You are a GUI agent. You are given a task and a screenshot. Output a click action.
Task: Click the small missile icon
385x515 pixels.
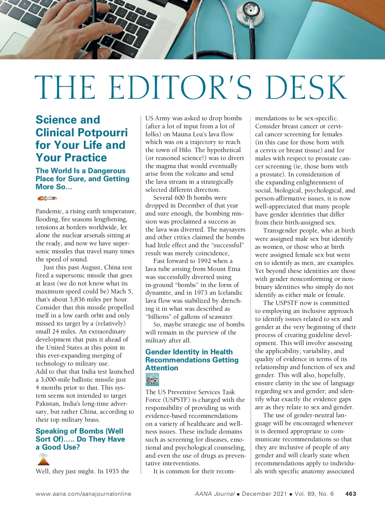click(47, 198)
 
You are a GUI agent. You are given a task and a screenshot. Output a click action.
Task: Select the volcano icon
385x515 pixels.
click(44, 460)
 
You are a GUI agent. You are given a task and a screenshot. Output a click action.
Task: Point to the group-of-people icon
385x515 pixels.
click(152, 380)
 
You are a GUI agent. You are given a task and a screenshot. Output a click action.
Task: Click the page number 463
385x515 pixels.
click(351, 494)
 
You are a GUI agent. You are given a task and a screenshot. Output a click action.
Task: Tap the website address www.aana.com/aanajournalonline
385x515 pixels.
click(83, 494)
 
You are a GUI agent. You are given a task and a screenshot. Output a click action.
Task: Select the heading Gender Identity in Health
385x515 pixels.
click(189, 352)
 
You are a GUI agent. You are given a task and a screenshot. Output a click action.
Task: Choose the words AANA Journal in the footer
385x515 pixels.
click(215, 494)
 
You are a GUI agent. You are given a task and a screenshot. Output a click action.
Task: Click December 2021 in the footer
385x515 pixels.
click(264, 494)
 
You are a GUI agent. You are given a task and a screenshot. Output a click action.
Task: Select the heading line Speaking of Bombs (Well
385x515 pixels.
click(79, 431)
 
